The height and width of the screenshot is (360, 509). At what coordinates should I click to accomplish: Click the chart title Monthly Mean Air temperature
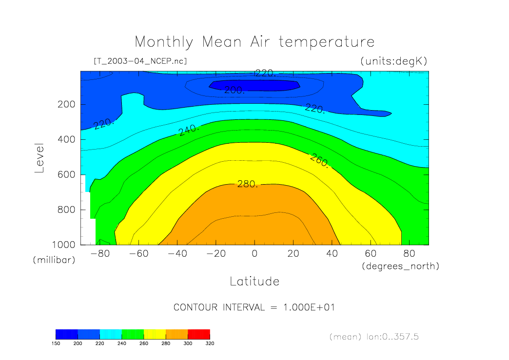[254, 41]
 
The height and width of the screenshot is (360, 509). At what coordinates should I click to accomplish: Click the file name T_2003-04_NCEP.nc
[139, 61]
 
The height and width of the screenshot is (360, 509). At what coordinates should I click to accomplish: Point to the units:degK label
[393, 61]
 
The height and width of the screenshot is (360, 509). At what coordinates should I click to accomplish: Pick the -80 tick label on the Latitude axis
[101, 254]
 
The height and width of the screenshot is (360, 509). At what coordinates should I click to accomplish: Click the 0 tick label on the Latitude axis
[254, 254]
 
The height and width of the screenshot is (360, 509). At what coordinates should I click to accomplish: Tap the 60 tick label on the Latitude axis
[371, 254]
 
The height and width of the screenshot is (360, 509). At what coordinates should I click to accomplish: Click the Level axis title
[40, 158]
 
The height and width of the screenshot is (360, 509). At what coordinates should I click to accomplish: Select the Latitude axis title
[254, 282]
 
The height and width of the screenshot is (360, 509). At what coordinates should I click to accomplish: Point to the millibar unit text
[54, 260]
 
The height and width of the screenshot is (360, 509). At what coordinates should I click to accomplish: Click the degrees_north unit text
[400, 266]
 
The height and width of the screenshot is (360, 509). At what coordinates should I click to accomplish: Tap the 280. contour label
[247, 184]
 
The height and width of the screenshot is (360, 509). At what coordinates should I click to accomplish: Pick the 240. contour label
[188, 130]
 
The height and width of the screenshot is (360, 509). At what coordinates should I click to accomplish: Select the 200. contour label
[234, 90]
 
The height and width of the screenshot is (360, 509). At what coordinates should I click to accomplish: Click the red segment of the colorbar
[199, 334]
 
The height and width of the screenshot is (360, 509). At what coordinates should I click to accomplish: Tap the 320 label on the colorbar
[210, 343]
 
